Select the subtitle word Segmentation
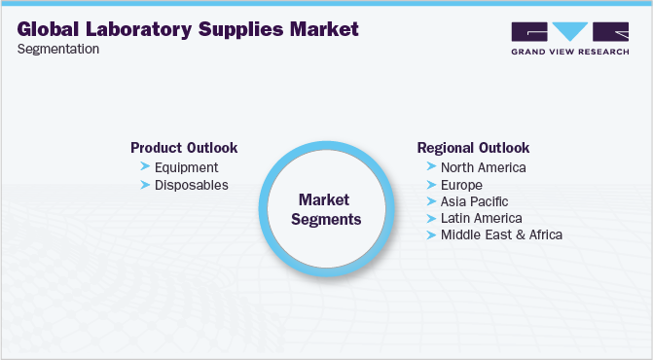point(57,50)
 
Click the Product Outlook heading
point(184,148)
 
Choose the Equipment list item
point(186,167)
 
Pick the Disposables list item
point(192,185)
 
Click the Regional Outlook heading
point(473,148)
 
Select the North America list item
point(484,167)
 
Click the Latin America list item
point(482,218)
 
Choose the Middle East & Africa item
point(501,234)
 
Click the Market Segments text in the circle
point(328,208)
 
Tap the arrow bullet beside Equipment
point(144,167)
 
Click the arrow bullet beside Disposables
point(144,185)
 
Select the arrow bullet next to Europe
point(430,184)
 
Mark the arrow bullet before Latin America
point(430,218)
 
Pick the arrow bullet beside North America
point(430,167)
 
